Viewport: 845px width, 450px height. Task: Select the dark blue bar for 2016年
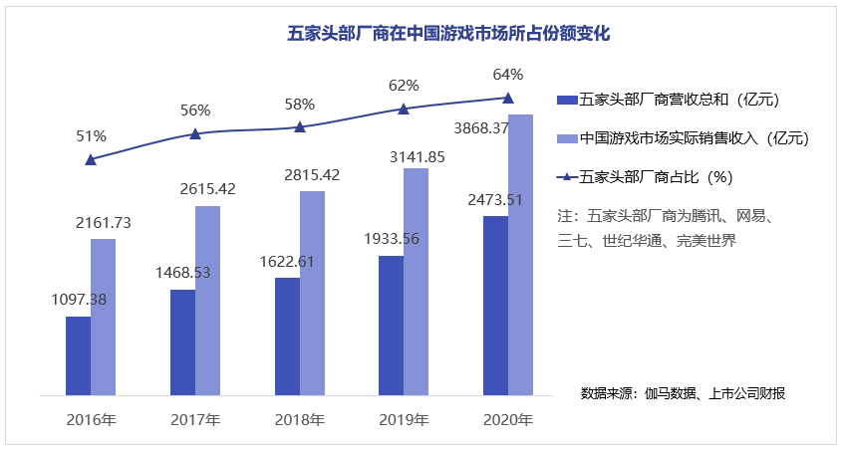pyautogui.click(x=78, y=355)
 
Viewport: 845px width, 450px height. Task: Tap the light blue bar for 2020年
pyautogui.click(x=520, y=254)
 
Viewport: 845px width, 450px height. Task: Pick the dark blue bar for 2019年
pyautogui.click(x=392, y=325)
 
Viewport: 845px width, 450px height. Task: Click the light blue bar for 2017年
pyautogui.click(x=207, y=300)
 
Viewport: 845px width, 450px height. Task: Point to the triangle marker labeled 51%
pyautogui.click(x=91, y=159)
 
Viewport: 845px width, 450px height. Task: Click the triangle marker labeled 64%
pyautogui.click(x=508, y=98)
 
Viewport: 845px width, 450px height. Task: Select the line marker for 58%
pyautogui.click(x=300, y=126)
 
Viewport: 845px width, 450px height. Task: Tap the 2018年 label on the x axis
pyautogui.click(x=300, y=419)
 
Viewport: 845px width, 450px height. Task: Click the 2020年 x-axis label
pyautogui.click(x=508, y=419)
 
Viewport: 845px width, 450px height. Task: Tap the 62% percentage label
pyautogui.click(x=404, y=86)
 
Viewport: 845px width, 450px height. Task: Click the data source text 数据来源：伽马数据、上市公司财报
pyautogui.click(x=683, y=393)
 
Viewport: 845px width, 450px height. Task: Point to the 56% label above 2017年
pyautogui.click(x=195, y=111)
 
